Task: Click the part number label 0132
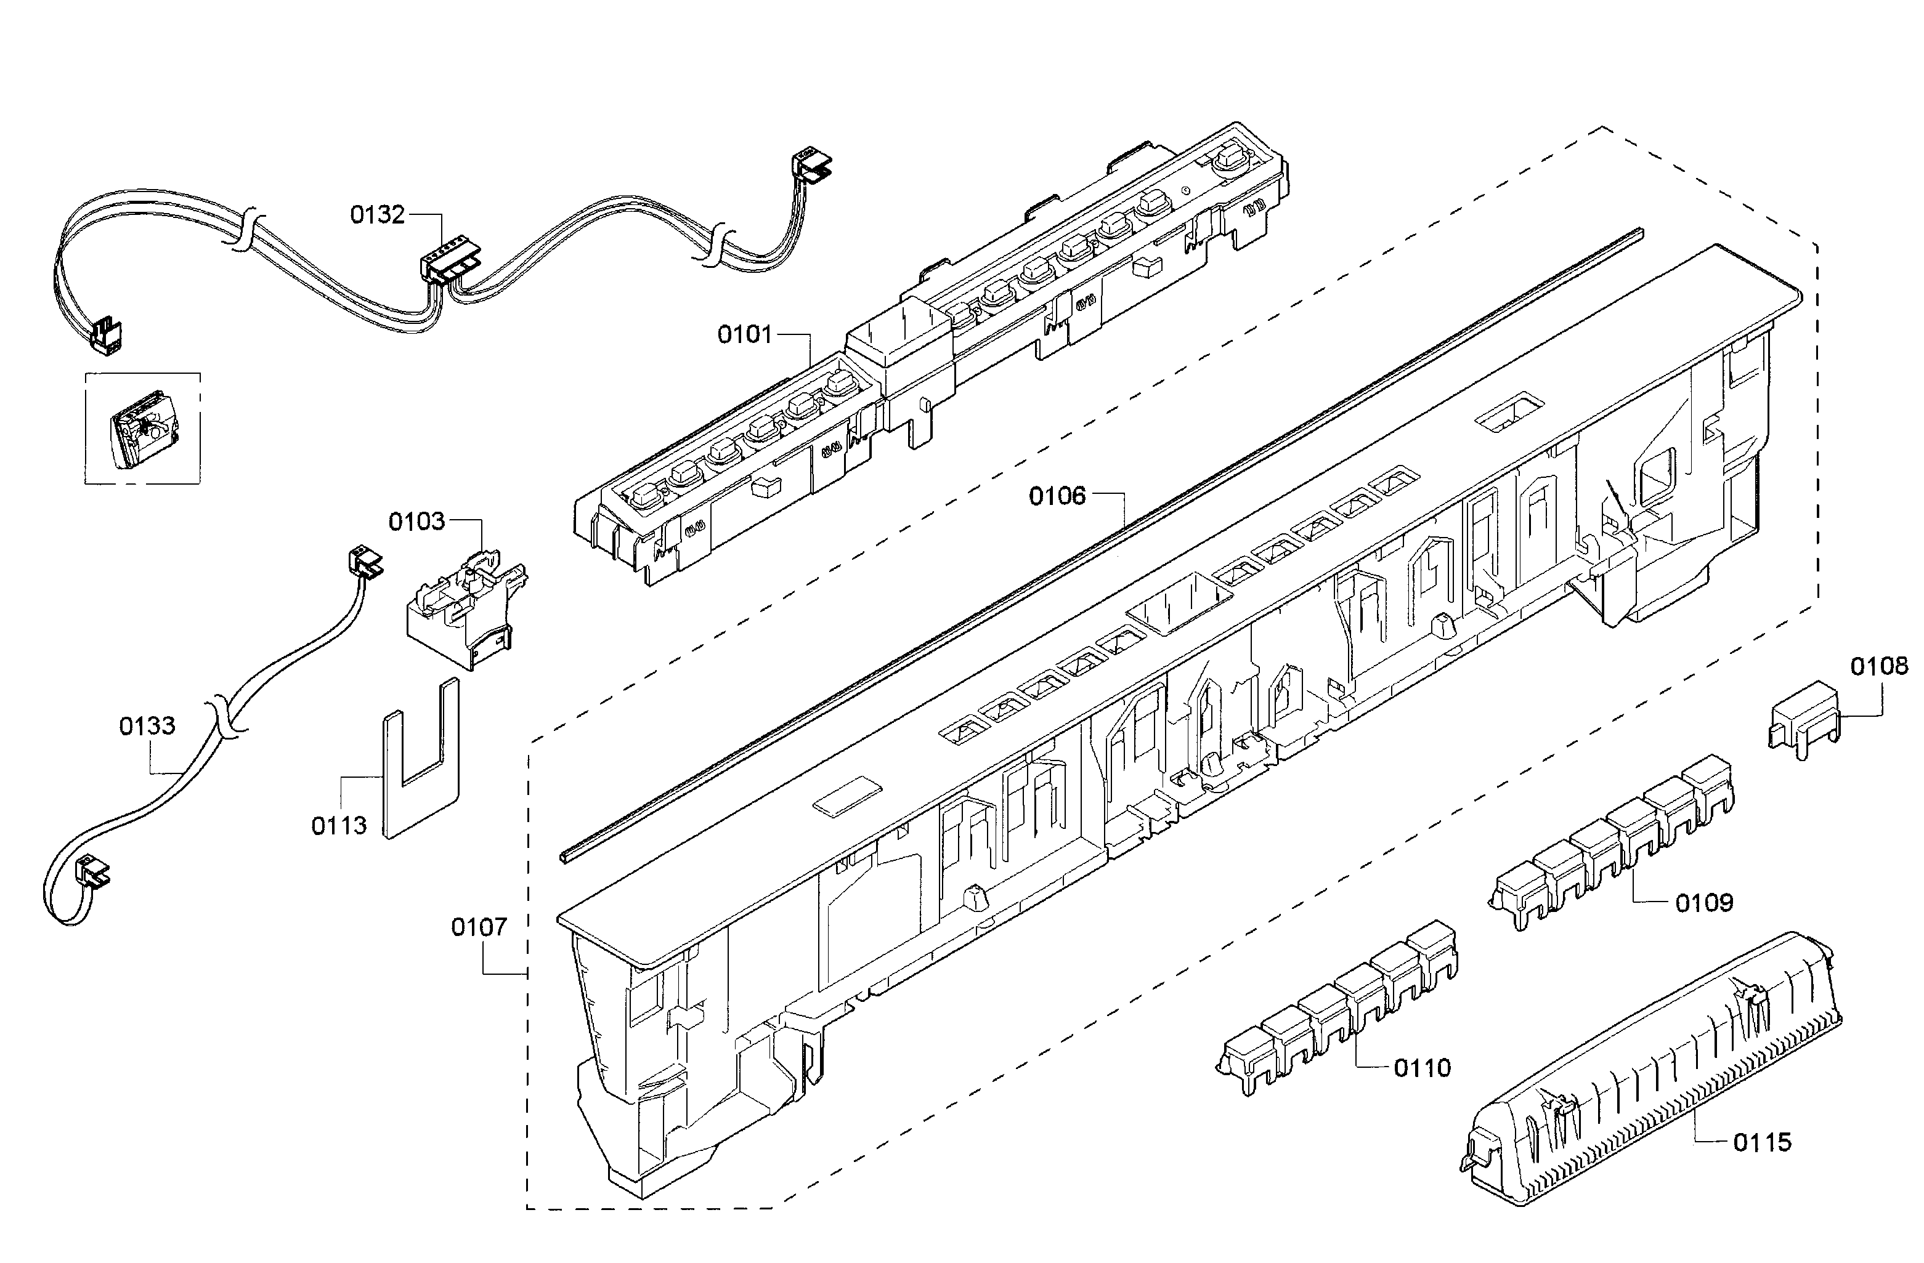point(376,215)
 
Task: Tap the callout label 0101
point(745,334)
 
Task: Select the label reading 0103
point(416,522)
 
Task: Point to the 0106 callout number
point(1057,496)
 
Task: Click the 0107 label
point(479,927)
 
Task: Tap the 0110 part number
point(1422,1068)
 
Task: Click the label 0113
point(339,826)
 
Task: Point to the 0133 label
point(147,727)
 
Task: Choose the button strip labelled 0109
point(1613,844)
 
